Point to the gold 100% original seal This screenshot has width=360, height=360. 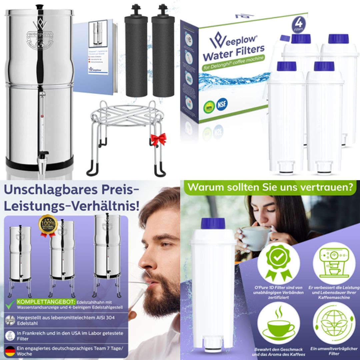(48, 225)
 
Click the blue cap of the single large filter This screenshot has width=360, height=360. (213, 223)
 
